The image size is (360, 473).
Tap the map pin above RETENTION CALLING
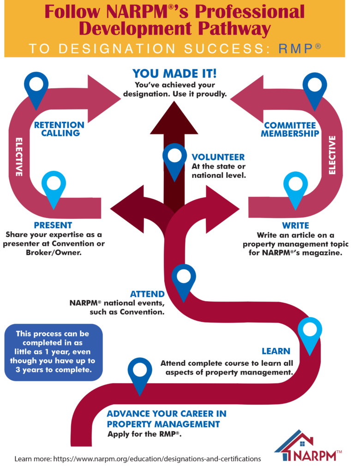point(36,87)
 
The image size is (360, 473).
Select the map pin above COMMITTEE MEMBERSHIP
point(315,88)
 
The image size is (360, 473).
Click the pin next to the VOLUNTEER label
point(175,159)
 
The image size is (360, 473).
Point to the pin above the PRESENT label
point(54,187)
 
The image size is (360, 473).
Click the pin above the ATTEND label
point(184,280)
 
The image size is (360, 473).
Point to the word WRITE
point(295,226)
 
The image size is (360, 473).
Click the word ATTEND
point(147,294)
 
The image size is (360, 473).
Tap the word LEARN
point(276,352)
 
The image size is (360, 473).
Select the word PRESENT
point(53,226)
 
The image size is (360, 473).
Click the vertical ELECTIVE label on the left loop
point(19,157)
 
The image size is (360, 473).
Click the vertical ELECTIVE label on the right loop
point(332,155)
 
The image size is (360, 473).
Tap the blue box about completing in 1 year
point(54,352)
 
